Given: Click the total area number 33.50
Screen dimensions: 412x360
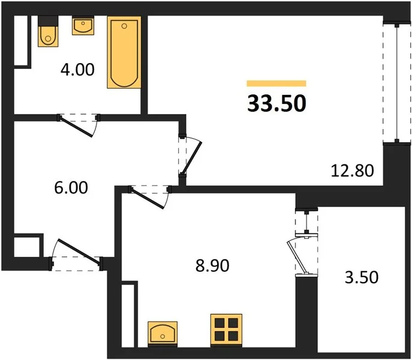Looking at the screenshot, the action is (x=276, y=103).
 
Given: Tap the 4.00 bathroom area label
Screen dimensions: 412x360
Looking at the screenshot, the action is (x=77, y=70).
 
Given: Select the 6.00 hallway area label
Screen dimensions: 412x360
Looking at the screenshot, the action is (x=71, y=188).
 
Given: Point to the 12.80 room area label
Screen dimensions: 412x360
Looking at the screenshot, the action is (x=352, y=170).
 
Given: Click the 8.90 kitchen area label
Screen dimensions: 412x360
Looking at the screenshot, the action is (x=212, y=265).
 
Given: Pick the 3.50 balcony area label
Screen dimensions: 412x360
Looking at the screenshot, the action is (x=362, y=277).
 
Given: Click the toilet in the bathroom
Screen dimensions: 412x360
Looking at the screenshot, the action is (x=48, y=31).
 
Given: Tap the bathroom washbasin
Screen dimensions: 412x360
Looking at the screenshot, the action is (x=83, y=26).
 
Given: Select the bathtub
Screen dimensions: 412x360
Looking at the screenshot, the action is (x=124, y=52).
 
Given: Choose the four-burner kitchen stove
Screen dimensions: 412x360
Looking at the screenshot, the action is (x=226, y=329).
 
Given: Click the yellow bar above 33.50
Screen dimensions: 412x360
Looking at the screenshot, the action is (x=276, y=83).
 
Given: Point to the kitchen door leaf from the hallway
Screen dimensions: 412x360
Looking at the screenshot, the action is (x=148, y=199).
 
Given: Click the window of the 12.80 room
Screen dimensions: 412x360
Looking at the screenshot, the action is (x=397, y=83).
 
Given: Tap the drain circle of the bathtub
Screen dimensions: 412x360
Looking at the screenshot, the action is (x=124, y=26).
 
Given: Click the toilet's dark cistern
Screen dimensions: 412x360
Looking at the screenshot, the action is (x=48, y=21).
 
